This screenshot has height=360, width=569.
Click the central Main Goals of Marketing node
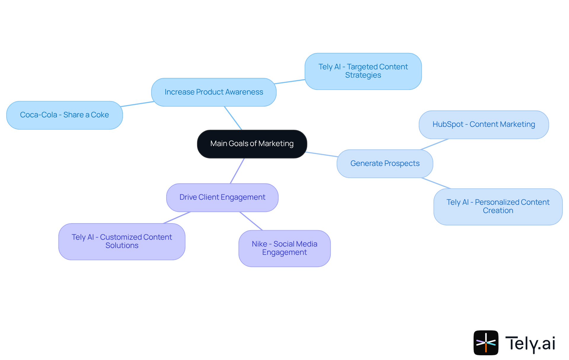pos(252,144)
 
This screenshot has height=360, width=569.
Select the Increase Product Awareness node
pos(214,92)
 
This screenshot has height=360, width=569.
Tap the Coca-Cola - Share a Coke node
pos(64,115)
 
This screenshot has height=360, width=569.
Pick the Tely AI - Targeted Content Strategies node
pos(363,71)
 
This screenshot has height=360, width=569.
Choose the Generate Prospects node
pos(385,164)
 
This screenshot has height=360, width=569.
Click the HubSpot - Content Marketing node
pos(484,125)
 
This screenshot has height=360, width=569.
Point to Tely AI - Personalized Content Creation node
pos(498,207)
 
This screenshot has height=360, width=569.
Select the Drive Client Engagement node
pos(222,197)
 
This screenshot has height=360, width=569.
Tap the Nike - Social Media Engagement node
pos(284,248)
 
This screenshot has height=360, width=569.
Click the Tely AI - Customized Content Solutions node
pos(122,241)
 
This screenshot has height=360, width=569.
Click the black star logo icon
pos(486,343)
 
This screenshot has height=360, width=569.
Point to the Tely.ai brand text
pos(530,343)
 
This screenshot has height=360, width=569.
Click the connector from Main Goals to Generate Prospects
pos(322,154)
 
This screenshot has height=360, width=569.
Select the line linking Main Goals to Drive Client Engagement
pos(237,171)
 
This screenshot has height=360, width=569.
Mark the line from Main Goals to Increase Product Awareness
pos(233,118)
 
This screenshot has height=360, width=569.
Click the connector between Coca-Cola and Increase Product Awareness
pos(137,104)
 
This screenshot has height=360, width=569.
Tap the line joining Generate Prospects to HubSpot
pos(434,144)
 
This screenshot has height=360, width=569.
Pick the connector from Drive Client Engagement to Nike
pos(251,221)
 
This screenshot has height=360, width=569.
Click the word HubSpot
pos(447,124)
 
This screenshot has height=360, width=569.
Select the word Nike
pos(259,244)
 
